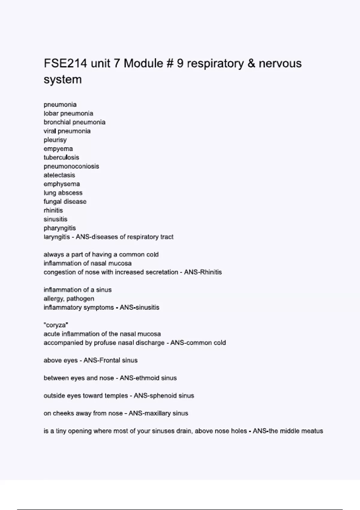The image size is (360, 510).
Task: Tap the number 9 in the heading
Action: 180,64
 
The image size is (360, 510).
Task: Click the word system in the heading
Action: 63,79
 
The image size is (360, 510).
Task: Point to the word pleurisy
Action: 55,140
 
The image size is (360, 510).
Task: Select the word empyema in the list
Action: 58,149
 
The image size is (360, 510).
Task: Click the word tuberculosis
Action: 61,157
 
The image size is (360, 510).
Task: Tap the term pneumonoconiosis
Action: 71,166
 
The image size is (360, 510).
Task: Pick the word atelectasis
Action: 59,175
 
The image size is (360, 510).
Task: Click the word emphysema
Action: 62,184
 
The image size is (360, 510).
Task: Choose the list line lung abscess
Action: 63,193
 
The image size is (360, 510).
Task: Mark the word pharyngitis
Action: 60,228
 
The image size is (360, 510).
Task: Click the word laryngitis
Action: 57,237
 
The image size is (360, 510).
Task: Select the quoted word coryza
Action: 56,325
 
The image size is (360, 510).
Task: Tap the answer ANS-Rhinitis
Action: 203,272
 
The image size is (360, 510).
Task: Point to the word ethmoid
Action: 148,378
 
